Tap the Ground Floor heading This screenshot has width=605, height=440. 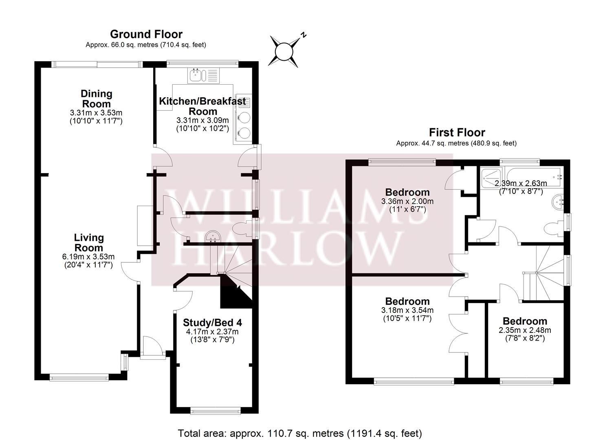coord(146,34)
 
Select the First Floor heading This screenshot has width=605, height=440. coord(457,132)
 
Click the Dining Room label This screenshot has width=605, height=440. coord(96,99)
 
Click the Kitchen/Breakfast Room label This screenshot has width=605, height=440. coord(202,106)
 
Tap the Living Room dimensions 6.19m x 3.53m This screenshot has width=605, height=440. coord(88,257)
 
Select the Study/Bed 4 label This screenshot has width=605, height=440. coord(212,323)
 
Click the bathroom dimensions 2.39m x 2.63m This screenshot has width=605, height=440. coord(521,183)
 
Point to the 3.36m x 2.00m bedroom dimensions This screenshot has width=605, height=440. coord(407,201)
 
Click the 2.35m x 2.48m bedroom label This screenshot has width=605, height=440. coord(525,321)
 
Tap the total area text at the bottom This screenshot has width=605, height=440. coord(300,433)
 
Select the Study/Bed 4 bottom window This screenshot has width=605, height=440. coord(215,411)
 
